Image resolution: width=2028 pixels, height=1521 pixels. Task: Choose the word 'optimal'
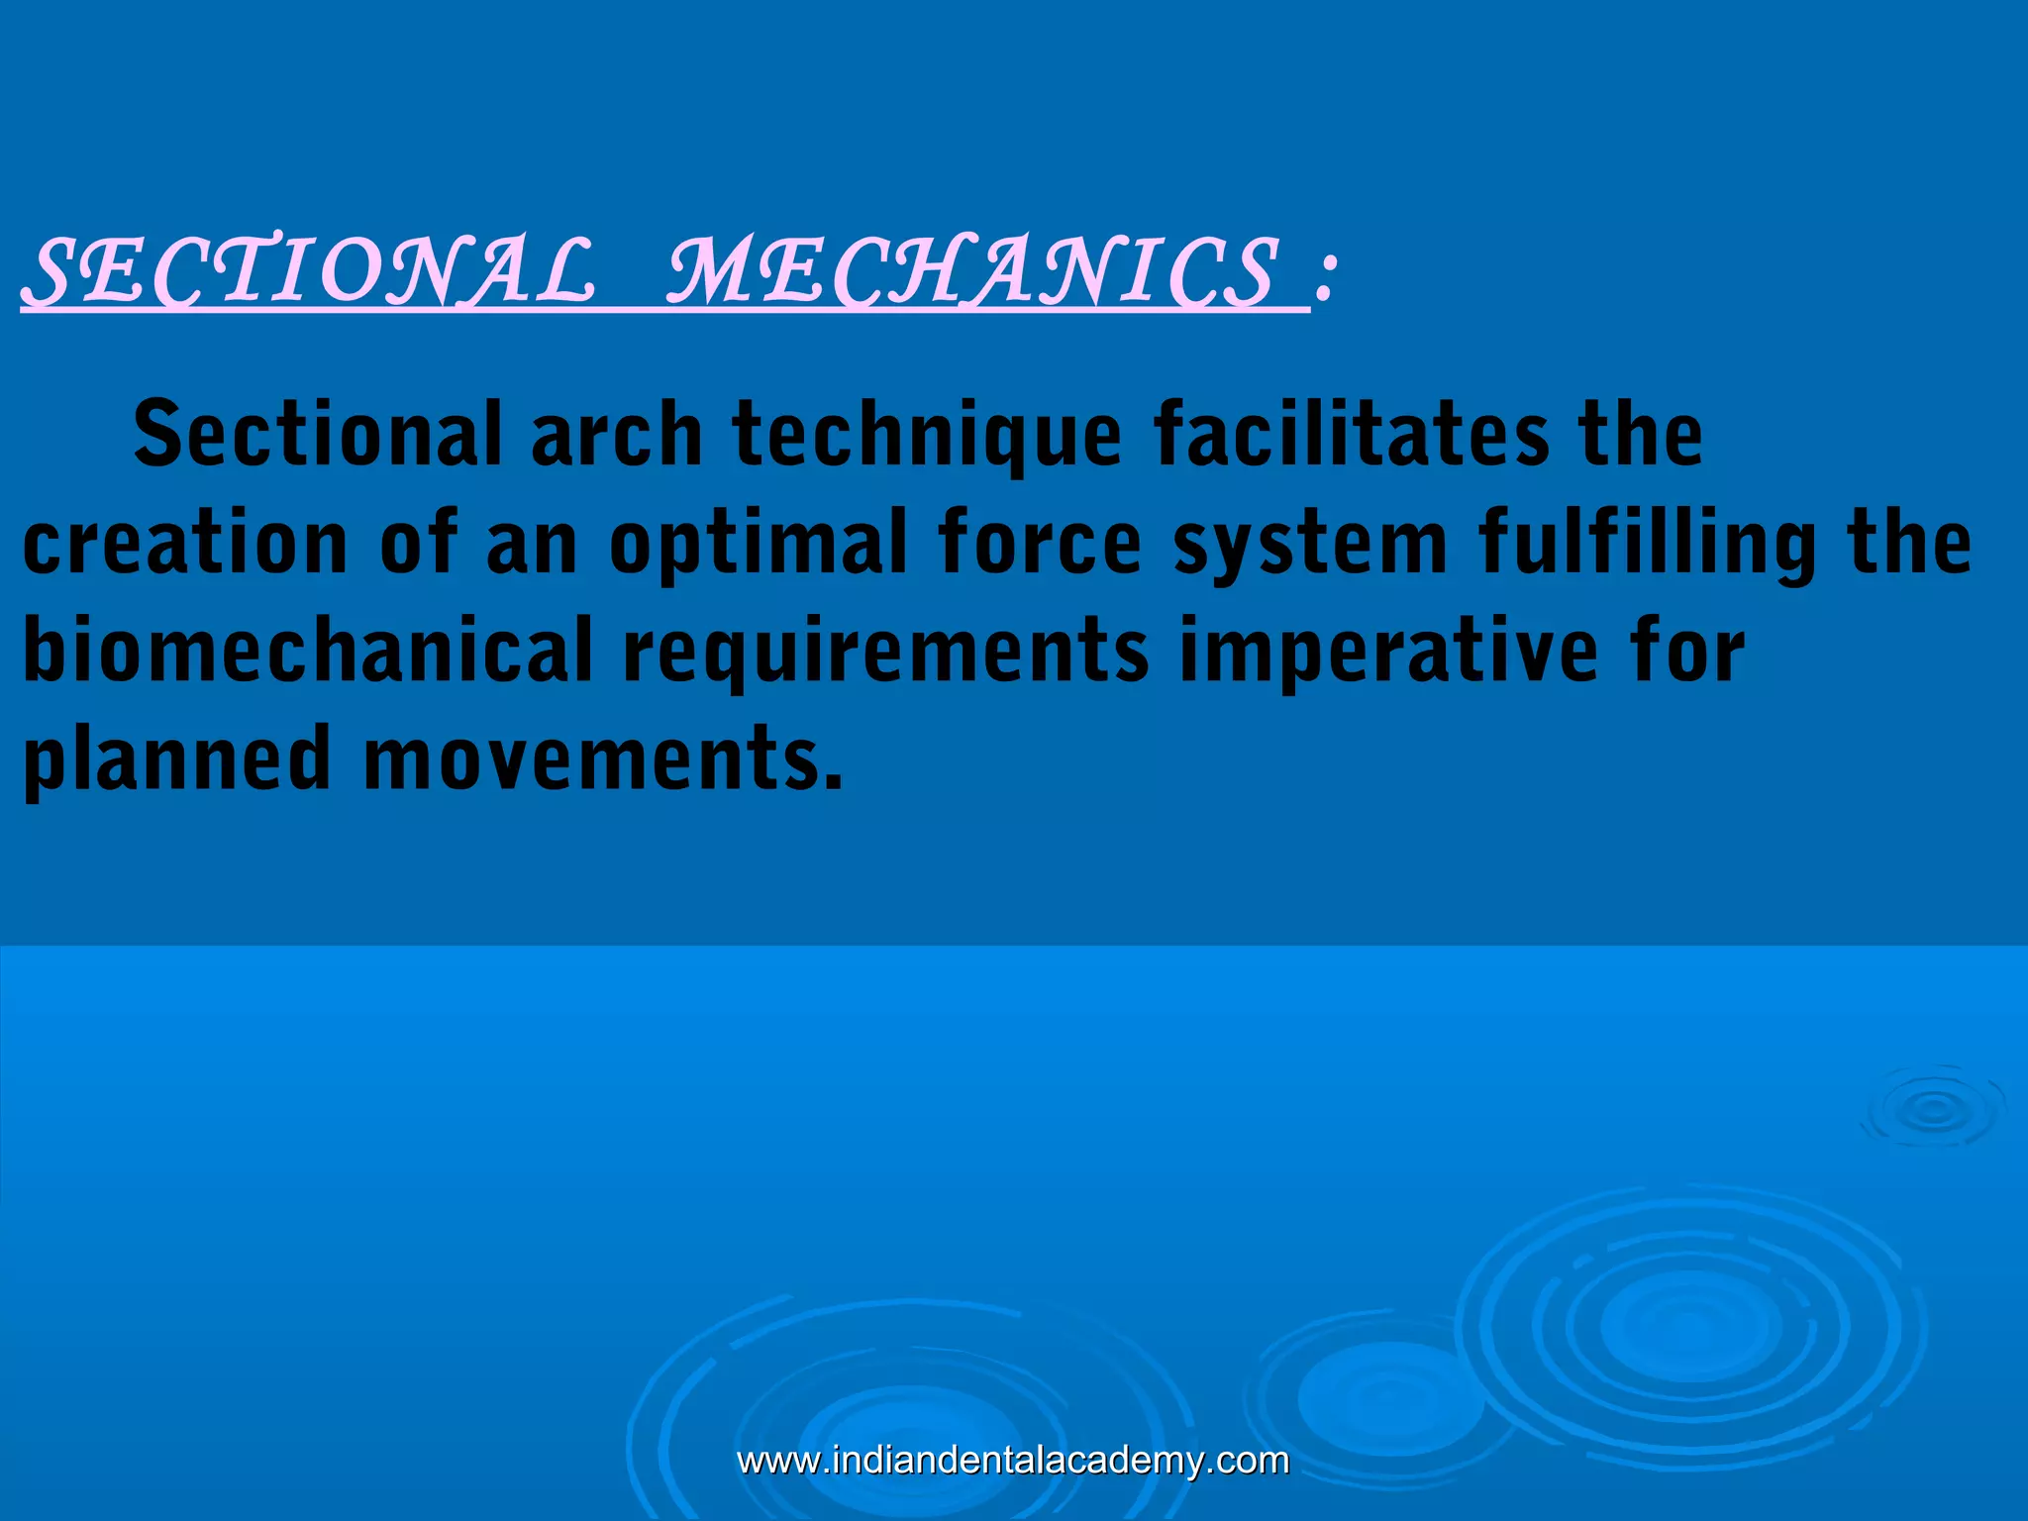pos(759,545)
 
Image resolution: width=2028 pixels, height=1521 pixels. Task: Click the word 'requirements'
pos(885,653)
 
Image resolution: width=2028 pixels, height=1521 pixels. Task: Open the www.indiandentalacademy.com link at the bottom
pos(1013,1461)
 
